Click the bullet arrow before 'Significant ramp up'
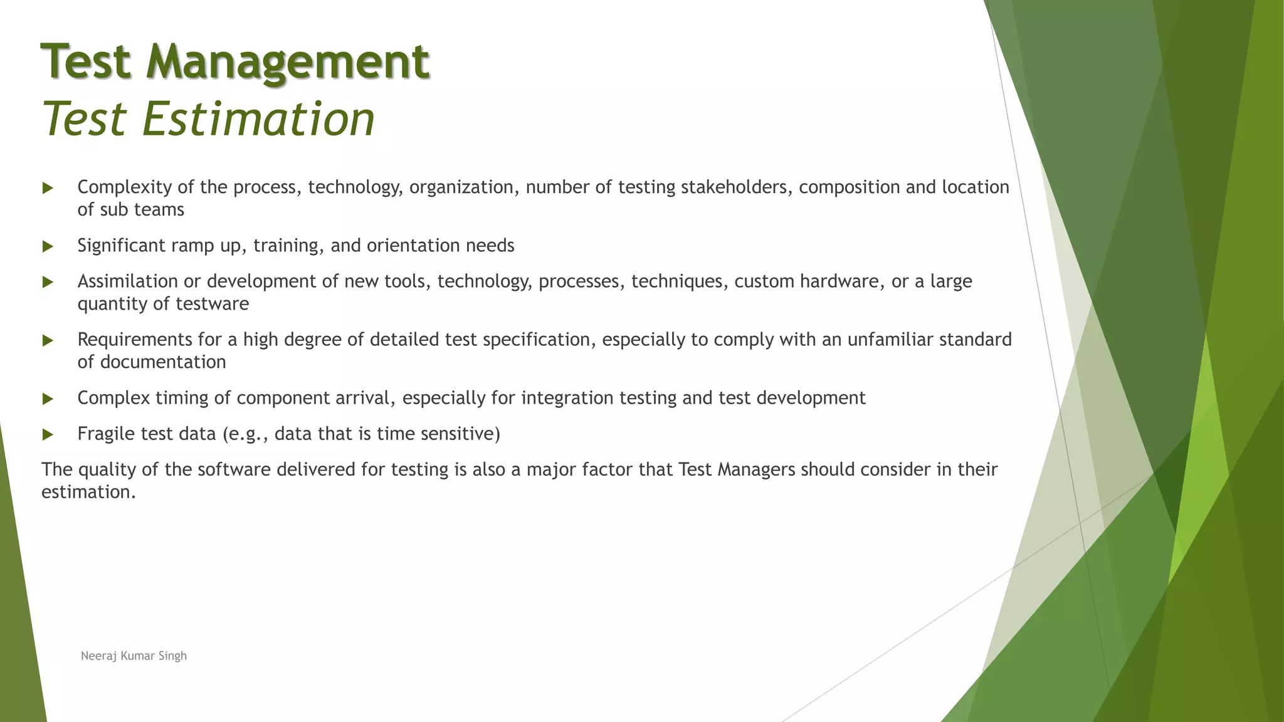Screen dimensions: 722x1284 pos(48,246)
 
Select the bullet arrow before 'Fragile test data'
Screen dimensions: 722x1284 pos(48,434)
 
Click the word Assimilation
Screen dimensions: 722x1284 pos(127,281)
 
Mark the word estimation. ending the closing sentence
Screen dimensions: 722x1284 pos(88,492)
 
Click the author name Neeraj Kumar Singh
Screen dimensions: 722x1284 pos(134,656)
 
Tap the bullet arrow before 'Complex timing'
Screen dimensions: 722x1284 pos(48,399)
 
